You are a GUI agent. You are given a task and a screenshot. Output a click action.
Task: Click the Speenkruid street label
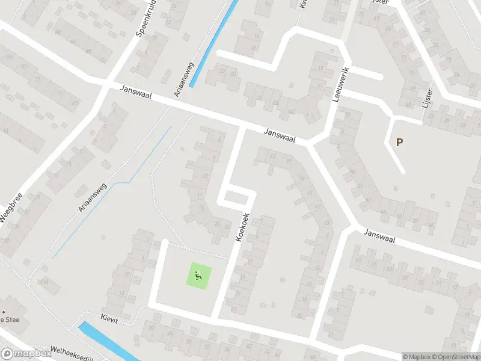(147, 22)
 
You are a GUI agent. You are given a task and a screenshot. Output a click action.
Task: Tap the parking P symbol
(399, 143)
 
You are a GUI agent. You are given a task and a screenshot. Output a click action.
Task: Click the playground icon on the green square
(200, 277)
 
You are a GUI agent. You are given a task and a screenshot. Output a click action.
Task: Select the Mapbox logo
(25, 354)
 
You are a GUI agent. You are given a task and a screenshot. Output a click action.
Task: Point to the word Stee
(12, 320)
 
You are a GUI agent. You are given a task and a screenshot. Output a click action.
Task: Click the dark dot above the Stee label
(4, 312)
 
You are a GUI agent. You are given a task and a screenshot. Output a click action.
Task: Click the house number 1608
(43, 281)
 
